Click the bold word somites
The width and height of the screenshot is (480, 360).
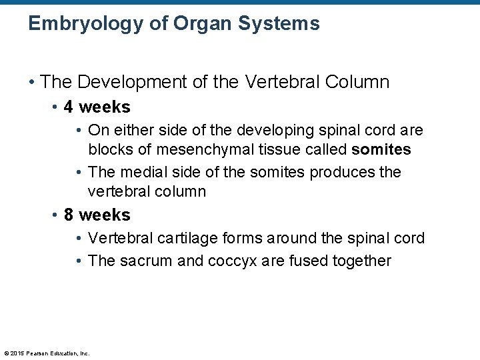381,149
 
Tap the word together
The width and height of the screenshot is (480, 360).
361,261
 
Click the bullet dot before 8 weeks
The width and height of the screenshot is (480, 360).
55,215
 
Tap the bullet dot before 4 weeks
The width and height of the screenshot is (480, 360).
55,107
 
